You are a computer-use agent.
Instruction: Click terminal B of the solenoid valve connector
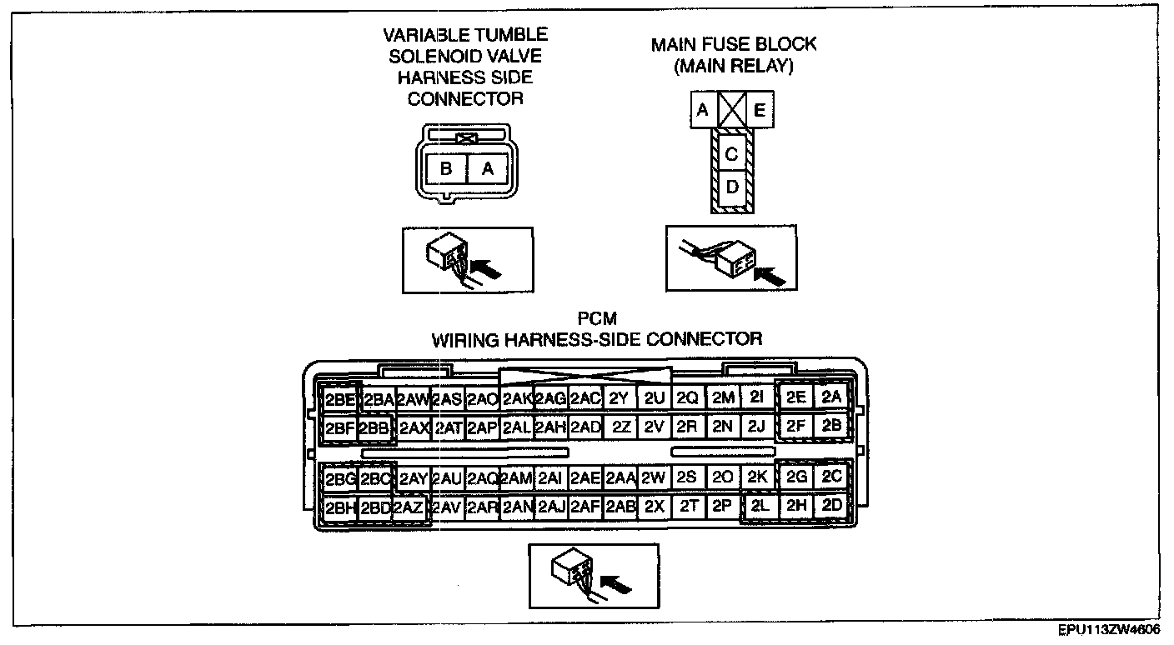pyautogui.click(x=446, y=168)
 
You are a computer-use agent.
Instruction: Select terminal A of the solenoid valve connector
pyautogui.click(x=489, y=168)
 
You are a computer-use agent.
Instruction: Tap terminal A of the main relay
pyautogui.click(x=703, y=110)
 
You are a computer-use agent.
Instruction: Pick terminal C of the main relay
pyautogui.click(x=731, y=153)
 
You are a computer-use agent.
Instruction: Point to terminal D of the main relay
pyautogui.click(x=731, y=187)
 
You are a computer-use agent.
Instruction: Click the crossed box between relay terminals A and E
pyautogui.click(x=731, y=110)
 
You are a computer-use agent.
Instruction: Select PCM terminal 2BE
pyautogui.click(x=340, y=399)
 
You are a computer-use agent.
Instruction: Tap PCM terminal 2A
pyautogui.click(x=831, y=397)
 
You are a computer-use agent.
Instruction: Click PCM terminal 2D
pyautogui.click(x=831, y=505)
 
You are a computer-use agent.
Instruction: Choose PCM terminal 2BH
pyautogui.click(x=340, y=507)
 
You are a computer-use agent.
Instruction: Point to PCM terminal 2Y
pyautogui.click(x=618, y=399)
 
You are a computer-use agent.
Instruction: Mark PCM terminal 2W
pyautogui.click(x=653, y=477)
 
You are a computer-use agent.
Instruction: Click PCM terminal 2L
pyautogui.click(x=759, y=506)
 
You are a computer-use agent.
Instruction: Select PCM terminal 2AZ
pyautogui.click(x=409, y=507)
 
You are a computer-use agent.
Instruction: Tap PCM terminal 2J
pyautogui.click(x=756, y=427)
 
